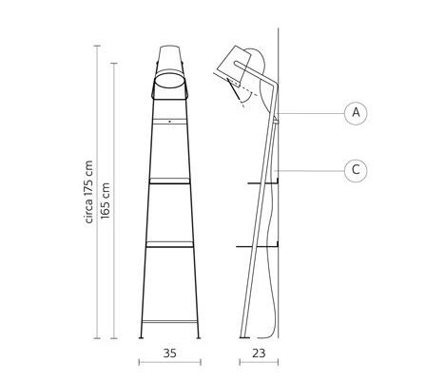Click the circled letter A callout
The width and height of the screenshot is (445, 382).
point(356,113)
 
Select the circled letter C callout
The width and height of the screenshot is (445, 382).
point(356,170)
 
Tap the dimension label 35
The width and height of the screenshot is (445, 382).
point(169,353)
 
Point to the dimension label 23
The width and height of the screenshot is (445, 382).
point(259,353)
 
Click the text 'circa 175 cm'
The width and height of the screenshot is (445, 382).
point(89,192)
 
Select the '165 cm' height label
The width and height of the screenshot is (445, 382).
point(105,201)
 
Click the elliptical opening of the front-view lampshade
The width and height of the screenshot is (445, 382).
point(169,80)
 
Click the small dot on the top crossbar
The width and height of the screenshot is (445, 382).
point(169,122)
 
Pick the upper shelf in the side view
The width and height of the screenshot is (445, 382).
point(263,182)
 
